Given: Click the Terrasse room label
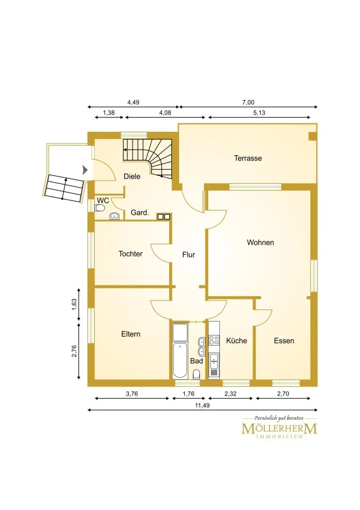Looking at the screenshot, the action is point(248,159).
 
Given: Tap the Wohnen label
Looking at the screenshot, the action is point(260,242).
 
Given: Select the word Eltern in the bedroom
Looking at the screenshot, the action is point(131,334).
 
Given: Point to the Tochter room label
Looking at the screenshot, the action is point(130,254).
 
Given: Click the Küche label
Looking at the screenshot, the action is point(237,341).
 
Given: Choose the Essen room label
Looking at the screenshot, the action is point(284,341).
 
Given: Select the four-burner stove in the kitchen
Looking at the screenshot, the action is point(214,340).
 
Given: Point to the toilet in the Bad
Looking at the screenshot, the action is point(196,374).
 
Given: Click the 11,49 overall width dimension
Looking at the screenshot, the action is point(202,405).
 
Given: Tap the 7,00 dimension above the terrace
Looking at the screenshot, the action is point(248,102).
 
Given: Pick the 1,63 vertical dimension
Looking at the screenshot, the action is point(75,304).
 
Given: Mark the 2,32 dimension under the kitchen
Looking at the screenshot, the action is point(230,394).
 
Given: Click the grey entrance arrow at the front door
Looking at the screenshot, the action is point(85,170).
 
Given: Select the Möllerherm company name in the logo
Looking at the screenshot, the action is point(279,429).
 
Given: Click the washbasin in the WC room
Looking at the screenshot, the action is point(114,216).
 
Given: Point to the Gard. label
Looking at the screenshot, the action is point(140,213).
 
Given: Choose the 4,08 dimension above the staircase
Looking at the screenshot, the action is point(165,113).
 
